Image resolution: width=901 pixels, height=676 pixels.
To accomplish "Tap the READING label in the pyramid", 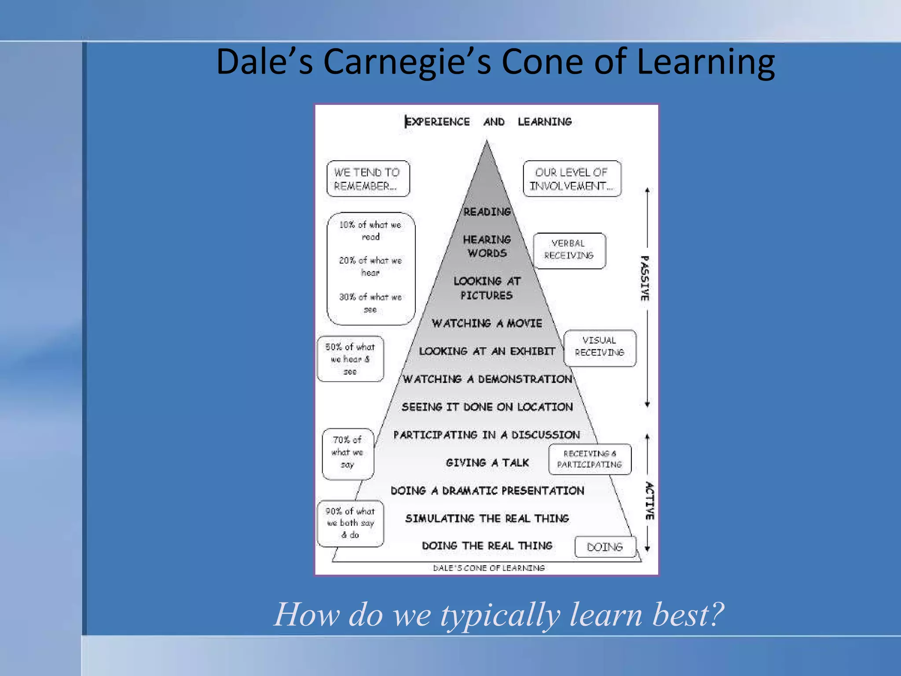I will coord(487,212).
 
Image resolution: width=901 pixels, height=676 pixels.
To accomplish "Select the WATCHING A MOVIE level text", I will coord(487,323).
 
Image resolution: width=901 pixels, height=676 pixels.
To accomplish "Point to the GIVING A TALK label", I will coord(487,463).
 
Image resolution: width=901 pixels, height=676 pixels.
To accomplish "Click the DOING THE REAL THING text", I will coord(487,546).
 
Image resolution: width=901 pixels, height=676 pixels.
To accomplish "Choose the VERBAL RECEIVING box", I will coord(569,250).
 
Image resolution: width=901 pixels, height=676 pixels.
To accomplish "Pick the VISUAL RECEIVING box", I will coord(600,347).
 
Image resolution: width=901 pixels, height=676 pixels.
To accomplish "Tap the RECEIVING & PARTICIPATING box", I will coord(590,459).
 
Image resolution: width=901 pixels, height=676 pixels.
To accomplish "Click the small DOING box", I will coord(605,547).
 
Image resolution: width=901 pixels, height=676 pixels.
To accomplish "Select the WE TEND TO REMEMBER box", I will coord(368,179).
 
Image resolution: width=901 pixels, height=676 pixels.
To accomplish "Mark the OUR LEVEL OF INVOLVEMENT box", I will coord(571,179).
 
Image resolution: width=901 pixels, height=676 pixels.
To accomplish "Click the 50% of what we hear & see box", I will coord(350,359).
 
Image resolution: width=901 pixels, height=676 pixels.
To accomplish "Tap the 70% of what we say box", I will coord(348,453).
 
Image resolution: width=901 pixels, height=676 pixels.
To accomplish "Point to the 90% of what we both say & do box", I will coord(350,523).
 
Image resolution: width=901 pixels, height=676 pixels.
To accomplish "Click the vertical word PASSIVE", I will coord(645,278).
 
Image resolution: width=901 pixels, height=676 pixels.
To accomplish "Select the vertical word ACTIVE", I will coord(649,501).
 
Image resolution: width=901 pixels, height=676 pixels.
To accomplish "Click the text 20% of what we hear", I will coord(370,266).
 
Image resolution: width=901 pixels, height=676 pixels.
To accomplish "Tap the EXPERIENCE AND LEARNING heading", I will coord(488,122).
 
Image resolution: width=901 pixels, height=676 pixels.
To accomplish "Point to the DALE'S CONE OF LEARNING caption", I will coord(489,568).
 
